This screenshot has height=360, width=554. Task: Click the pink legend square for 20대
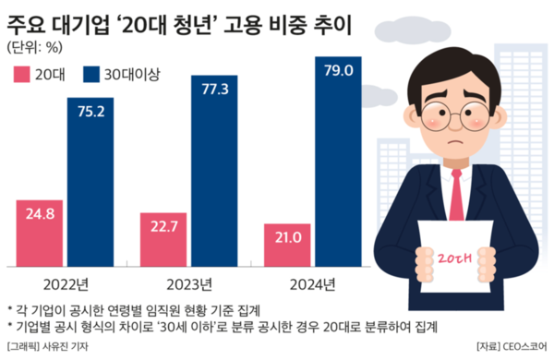tap(20, 77)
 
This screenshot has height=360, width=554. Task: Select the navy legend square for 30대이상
tap(90, 77)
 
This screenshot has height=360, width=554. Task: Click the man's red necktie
tap(454, 198)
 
